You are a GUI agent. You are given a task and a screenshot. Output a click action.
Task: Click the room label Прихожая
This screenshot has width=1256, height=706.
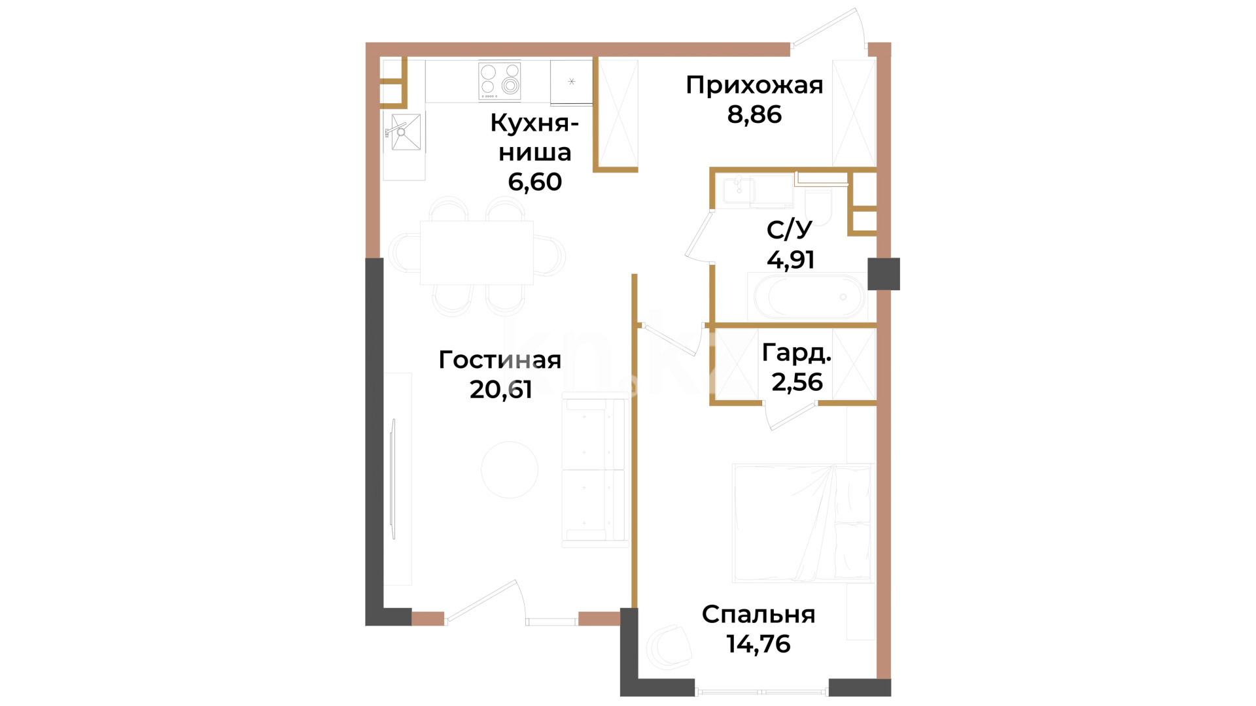click(754, 86)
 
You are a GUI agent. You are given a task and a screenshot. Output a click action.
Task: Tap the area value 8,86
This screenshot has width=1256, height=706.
click(754, 114)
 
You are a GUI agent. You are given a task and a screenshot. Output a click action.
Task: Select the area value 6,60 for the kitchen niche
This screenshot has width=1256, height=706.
click(534, 182)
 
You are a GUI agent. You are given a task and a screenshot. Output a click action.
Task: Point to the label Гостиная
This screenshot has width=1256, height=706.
click(500, 360)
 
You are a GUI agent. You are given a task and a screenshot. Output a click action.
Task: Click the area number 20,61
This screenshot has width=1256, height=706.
click(500, 389)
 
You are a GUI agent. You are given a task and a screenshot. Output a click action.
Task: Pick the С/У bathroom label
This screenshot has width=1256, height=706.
click(790, 229)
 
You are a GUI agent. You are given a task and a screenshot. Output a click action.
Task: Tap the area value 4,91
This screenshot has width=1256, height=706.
click(790, 260)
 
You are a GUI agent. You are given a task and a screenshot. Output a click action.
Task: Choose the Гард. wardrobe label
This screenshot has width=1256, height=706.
click(797, 353)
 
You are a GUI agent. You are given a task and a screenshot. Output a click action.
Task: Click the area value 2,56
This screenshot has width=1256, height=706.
click(797, 382)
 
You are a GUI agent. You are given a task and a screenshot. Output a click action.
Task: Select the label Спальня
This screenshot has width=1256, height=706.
click(758, 614)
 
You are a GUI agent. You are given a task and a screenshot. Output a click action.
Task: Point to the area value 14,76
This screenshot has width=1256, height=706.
click(758, 644)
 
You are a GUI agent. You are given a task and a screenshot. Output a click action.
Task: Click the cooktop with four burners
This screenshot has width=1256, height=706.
click(499, 81)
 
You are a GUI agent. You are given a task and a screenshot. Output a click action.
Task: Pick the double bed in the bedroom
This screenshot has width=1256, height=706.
click(803, 523)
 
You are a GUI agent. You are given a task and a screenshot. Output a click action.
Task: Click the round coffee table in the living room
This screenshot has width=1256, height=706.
click(510, 469)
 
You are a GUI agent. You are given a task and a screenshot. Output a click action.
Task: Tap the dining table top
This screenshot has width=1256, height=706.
click(476, 252)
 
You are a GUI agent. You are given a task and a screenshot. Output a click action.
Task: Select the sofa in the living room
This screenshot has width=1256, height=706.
click(595, 469)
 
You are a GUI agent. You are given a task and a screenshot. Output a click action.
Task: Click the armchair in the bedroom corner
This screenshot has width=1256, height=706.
click(669, 647)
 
